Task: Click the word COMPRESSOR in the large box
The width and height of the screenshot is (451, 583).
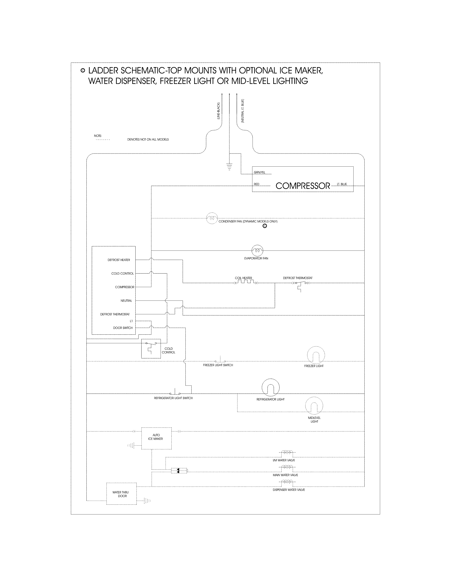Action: [x=303, y=186]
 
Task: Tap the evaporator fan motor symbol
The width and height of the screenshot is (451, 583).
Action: [x=257, y=250]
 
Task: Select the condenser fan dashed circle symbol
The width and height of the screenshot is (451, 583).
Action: [x=212, y=218]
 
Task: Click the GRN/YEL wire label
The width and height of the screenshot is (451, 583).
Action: [x=259, y=172]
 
